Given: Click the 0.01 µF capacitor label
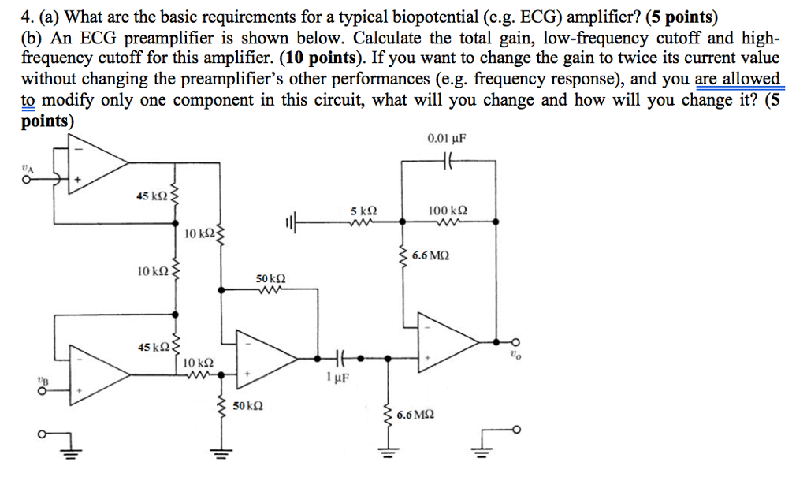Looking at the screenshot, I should (446, 139).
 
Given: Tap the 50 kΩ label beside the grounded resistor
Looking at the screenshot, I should (248, 407).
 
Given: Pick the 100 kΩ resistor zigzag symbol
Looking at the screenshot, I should (447, 222).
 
